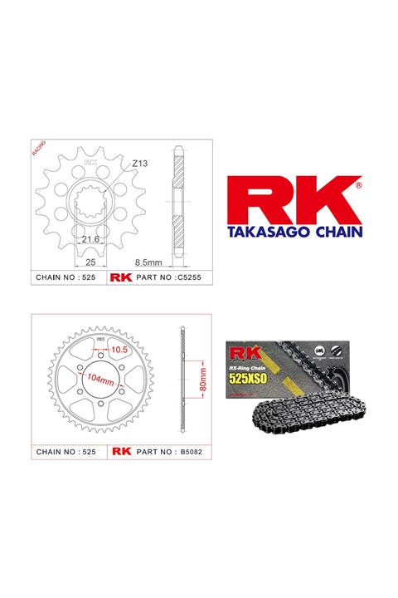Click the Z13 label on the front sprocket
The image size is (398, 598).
pos(139,164)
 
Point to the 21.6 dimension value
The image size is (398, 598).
pos(90,239)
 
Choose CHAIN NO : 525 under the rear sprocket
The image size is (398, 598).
pos(68,453)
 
